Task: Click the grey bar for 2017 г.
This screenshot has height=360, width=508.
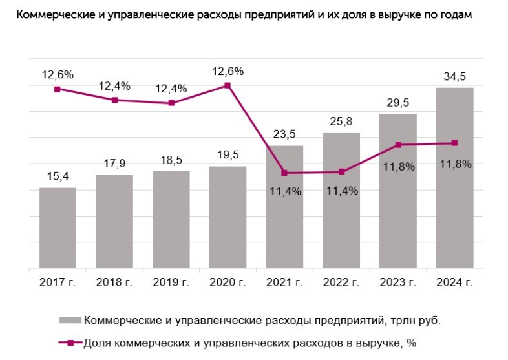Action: click(x=58, y=228)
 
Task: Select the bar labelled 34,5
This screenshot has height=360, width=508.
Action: click(x=454, y=178)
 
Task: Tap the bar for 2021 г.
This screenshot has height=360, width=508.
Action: click(x=284, y=207)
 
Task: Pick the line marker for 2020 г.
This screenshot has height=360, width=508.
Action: click(x=228, y=85)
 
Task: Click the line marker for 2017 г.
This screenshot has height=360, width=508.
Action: click(x=58, y=89)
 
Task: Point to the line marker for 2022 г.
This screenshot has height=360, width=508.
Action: click(x=341, y=171)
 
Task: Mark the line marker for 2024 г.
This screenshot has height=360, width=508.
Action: click(x=454, y=143)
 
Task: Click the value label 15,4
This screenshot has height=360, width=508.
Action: click(x=58, y=176)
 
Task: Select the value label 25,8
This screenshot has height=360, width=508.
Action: click(x=341, y=122)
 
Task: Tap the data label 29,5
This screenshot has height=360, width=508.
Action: click(x=397, y=102)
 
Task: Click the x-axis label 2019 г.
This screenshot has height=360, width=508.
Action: click(x=171, y=282)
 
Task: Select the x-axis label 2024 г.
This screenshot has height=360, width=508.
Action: click(x=454, y=282)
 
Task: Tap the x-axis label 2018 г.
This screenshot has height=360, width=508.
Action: click(x=114, y=282)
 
